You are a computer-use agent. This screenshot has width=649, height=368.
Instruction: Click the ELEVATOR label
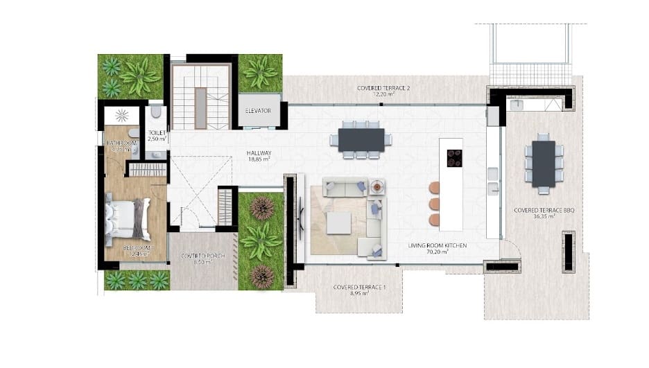pyautogui.click(x=258, y=111)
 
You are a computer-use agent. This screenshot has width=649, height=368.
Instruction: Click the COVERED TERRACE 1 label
pyautogui.click(x=358, y=287)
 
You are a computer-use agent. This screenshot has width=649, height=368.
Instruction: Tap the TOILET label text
pyautogui.click(x=155, y=132)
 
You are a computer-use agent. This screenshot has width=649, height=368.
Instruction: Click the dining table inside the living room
pyautogui.click(x=361, y=139)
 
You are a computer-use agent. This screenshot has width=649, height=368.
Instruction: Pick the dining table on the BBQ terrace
pyautogui.click(x=544, y=164)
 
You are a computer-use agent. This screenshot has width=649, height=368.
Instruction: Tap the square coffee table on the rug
pyautogui.click(x=339, y=222)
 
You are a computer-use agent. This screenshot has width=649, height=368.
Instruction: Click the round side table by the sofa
pyautogui.click(x=377, y=186)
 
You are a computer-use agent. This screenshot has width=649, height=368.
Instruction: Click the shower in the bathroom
pyautogui.click(x=122, y=115)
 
